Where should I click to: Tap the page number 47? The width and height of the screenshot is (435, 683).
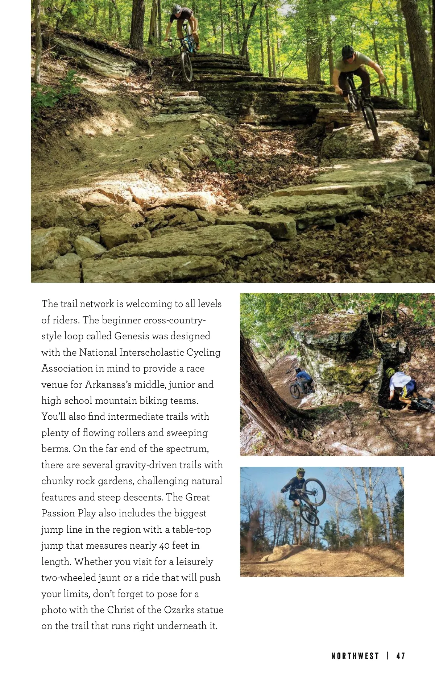click(x=401, y=656)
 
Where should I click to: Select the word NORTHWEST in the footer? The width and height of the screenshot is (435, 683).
click(x=355, y=656)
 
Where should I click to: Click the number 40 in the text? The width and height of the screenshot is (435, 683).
click(x=165, y=546)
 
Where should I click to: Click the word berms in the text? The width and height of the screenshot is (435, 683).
click(x=55, y=449)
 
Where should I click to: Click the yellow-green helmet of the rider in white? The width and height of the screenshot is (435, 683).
click(x=390, y=372)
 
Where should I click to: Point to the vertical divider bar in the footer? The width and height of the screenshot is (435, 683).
click(x=388, y=656)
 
